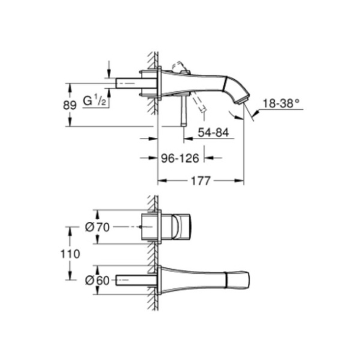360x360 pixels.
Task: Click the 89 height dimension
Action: [x=69, y=105]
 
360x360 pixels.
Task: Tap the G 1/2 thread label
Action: [x=94, y=101]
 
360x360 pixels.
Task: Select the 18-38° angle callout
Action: [x=281, y=103]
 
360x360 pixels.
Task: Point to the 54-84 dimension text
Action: [x=213, y=132]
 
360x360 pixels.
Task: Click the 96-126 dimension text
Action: [x=180, y=158]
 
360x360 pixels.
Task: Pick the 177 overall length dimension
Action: [x=201, y=181]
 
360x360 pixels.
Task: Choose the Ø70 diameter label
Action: [x=98, y=227]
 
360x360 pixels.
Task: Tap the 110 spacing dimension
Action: [x=70, y=254]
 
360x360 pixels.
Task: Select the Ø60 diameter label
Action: [x=97, y=280]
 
